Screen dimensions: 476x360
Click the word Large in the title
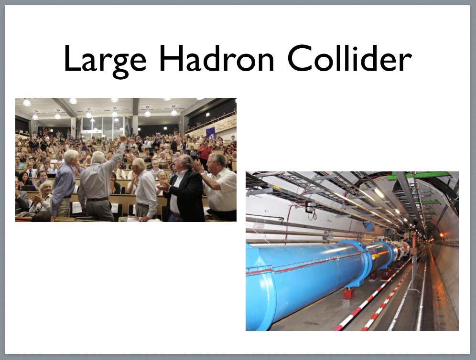105,60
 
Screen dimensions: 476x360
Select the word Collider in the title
349,58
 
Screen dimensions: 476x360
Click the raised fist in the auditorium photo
123,139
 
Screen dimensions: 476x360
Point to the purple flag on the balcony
211,133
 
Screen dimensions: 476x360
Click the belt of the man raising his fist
97,199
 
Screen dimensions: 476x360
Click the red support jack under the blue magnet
348,293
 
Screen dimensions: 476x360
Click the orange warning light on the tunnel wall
442,234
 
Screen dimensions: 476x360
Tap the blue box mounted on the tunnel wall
368,226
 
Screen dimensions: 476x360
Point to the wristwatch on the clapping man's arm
202,174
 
